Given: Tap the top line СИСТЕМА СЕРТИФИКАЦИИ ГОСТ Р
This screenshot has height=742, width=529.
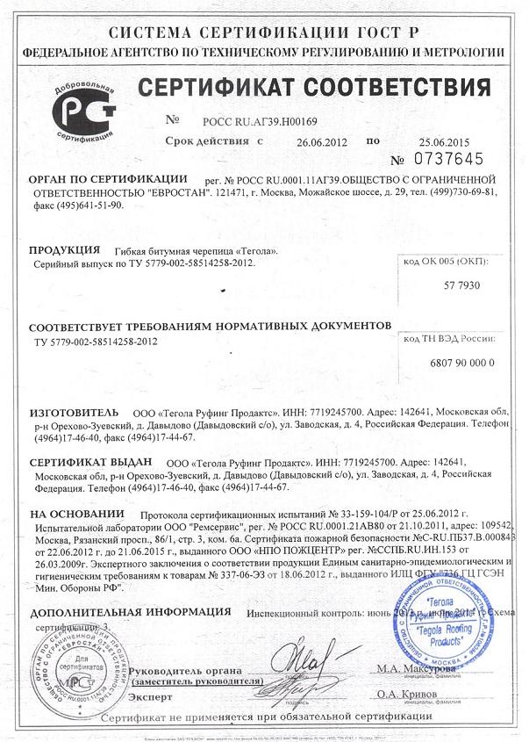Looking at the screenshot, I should point(263,31).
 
